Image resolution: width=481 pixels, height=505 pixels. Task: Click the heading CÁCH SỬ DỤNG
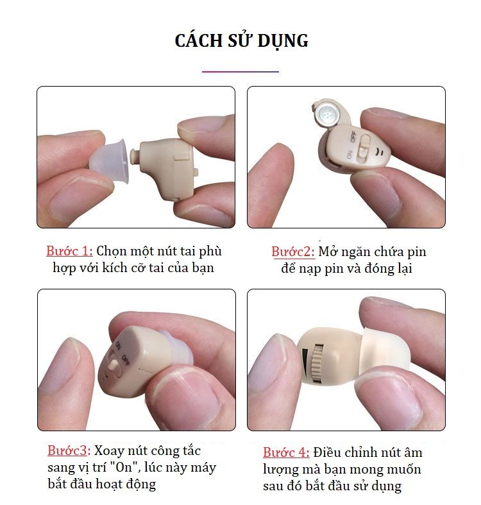click(241, 41)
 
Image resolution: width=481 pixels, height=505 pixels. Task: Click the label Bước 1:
click(69, 251)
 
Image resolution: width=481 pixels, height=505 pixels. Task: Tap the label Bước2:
click(293, 252)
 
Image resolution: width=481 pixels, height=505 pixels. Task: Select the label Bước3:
click(69, 450)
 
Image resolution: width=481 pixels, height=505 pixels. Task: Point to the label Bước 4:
click(286, 452)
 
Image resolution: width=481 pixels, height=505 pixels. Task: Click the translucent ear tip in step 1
click(110, 161)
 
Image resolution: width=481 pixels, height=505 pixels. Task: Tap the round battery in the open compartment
click(326, 114)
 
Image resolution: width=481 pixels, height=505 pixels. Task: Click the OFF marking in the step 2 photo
click(353, 137)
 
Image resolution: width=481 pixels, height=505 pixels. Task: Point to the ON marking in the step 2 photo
click(350, 154)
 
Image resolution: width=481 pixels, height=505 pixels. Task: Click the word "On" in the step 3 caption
click(124, 466)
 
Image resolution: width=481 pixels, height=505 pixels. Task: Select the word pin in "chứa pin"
click(417, 252)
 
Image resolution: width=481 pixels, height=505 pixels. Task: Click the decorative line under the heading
click(240, 71)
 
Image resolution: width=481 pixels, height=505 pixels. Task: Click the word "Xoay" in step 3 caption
click(109, 451)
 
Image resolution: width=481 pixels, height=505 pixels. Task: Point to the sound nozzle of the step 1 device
click(135, 155)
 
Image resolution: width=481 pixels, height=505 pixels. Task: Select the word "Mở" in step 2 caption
click(328, 252)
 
